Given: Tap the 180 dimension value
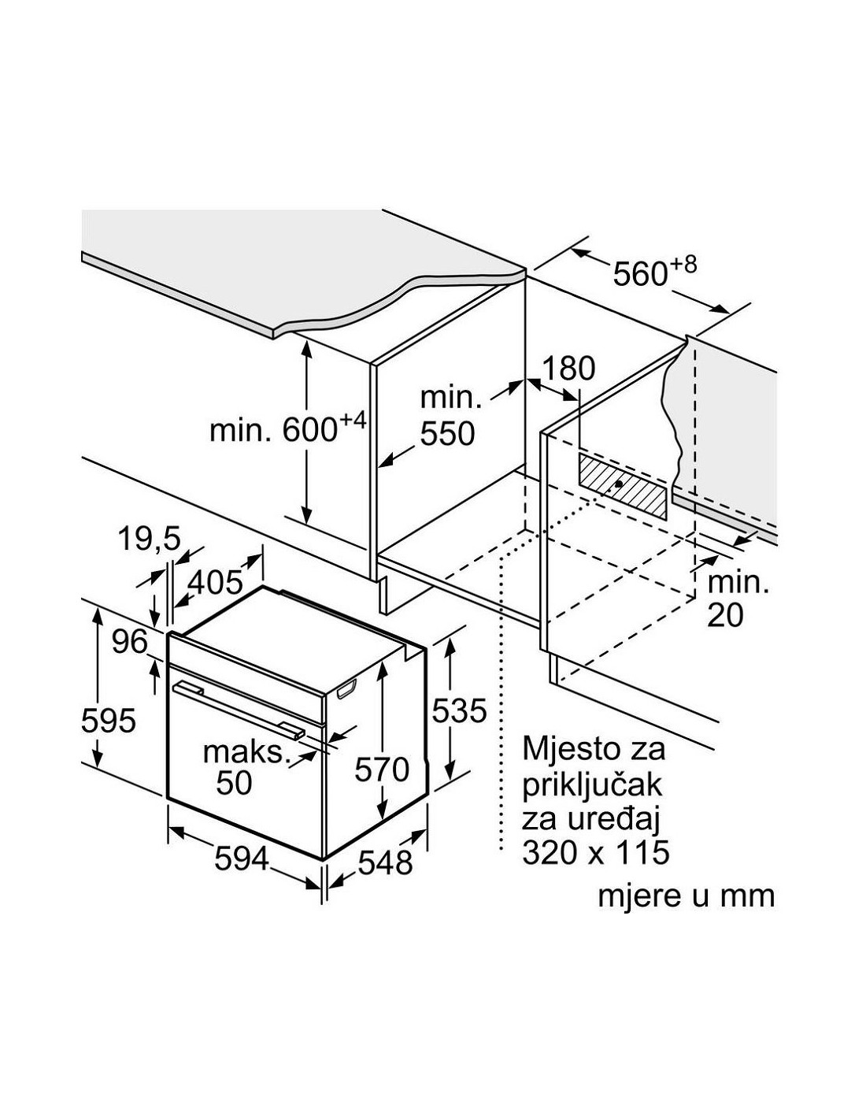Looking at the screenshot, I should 569,368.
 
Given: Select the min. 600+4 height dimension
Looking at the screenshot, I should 287,429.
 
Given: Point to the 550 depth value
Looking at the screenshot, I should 447,433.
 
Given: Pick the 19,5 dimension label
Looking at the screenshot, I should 150,540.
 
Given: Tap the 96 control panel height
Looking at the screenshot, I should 129,643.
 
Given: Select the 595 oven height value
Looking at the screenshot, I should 109,721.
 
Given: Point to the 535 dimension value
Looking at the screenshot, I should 459,711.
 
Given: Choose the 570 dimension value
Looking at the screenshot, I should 381,769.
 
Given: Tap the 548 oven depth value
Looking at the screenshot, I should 384,862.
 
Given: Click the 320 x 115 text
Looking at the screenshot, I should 595,852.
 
